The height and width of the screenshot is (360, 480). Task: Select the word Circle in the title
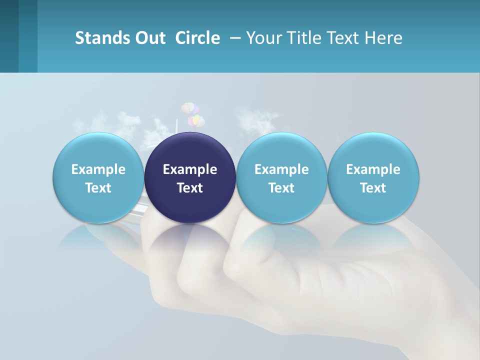click(x=197, y=38)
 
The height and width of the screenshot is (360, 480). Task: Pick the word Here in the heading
click(x=383, y=38)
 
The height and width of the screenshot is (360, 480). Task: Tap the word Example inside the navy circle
click(x=190, y=169)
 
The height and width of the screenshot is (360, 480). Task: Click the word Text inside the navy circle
click(x=190, y=188)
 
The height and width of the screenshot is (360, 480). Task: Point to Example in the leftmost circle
click(x=98, y=169)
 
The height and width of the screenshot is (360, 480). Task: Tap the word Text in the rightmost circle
click(x=373, y=188)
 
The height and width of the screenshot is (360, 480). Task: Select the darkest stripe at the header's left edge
click(x=9, y=36)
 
